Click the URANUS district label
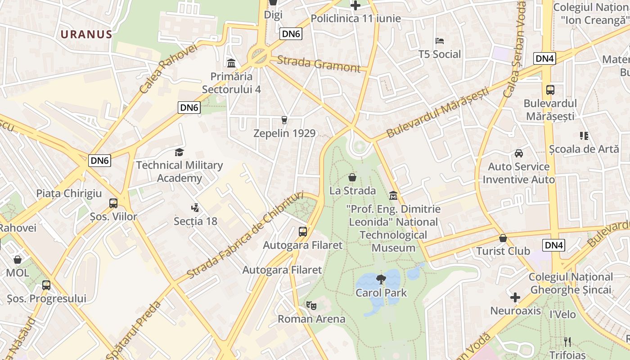pyautogui.click(x=86, y=35)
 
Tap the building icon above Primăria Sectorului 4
pyautogui.click(x=231, y=63)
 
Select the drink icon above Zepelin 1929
pyautogui.click(x=284, y=120)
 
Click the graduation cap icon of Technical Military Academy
pyautogui.click(x=180, y=152)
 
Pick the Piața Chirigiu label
pyautogui.click(x=69, y=193)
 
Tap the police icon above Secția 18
pyautogui.click(x=195, y=208)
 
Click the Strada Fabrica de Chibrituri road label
pyautogui.click(x=245, y=234)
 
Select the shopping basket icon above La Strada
pyautogui.click(x=352, y=178)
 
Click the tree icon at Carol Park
pyautogui.click(x=381, y=279)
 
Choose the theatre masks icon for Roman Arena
pyautogui.click(x=311, y=306)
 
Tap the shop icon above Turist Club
pyautogui.click(x=503, y=238)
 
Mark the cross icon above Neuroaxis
pyautogui.click(x=515, y=297)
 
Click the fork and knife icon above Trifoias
pyautogui.click(x=567, y=342)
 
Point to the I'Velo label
pyautogui.click(x=562, y=314)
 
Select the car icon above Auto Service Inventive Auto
pyautogui.click(x=519, y=153)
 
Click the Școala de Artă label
pyautogui.click(x=584, y=148)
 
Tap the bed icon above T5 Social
pyautogui.click(x=440, y=41)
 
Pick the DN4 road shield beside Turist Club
pyautogui.click(x=553, y=245)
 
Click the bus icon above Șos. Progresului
pyautogui.click(x=46, y=285)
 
